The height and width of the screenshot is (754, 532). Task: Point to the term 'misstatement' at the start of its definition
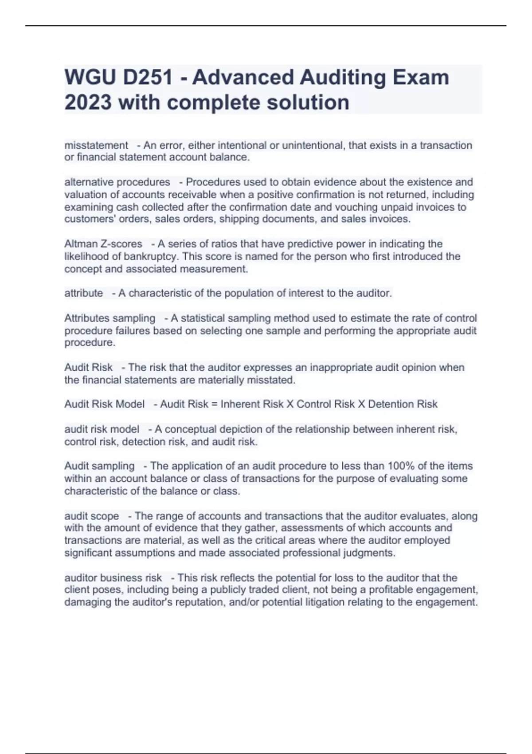click(x=96, y=145)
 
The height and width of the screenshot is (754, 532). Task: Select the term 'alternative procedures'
click(x=117, y=182)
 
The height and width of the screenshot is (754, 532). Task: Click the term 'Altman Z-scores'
click(x=103, y=244)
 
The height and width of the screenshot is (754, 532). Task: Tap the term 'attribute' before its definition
click(x=83, y=293)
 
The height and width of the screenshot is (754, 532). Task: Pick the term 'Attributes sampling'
click(x=110, y=318)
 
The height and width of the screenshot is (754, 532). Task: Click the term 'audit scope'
click(x=92, y=516)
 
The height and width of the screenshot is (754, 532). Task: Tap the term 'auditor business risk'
click(x=113, y=578)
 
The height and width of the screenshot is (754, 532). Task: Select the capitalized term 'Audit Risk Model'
click(x=104, y=404)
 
